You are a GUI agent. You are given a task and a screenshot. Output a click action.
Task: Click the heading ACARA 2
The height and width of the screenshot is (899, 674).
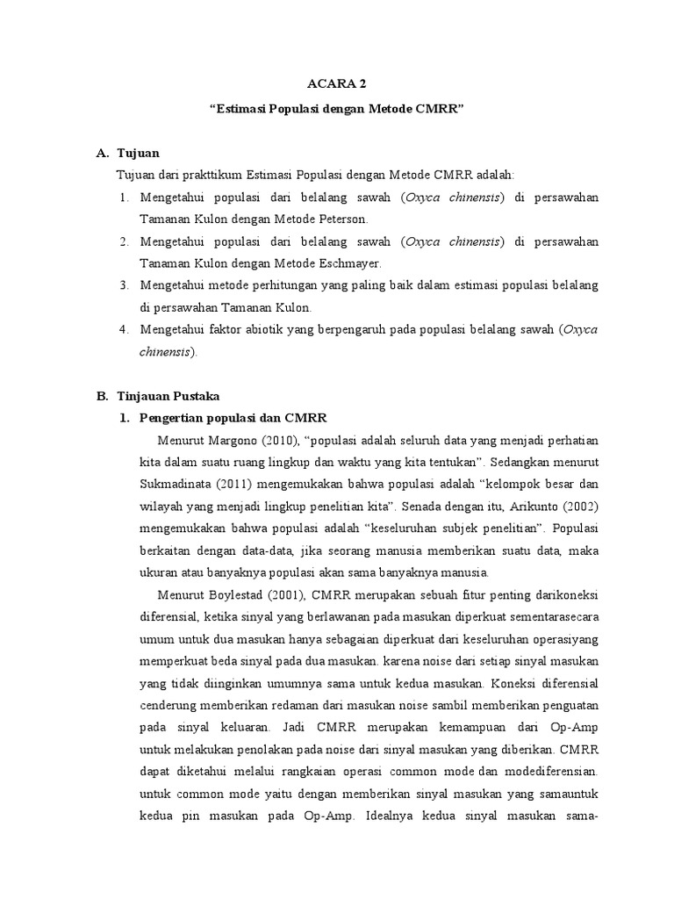[336, 84]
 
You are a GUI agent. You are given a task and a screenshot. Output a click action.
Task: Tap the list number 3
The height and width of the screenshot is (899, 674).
[124, 285]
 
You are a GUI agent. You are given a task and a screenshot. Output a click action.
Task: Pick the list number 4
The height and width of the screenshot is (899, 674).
[124, 329]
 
